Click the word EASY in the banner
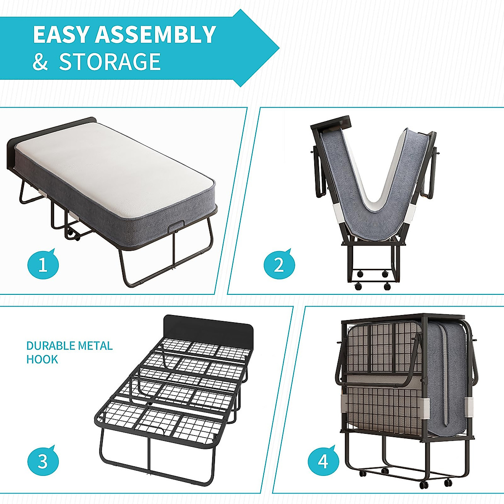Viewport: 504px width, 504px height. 61,35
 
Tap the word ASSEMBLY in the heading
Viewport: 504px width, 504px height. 155,35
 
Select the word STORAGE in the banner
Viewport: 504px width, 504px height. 110,62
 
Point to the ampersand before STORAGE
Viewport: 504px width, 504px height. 40,62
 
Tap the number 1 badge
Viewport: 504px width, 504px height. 43,265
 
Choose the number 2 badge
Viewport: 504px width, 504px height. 279,265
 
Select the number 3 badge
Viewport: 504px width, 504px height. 43,461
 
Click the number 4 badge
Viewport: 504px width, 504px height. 323,461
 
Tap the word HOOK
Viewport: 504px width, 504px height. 42,360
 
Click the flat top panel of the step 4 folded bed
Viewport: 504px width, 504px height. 403,318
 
